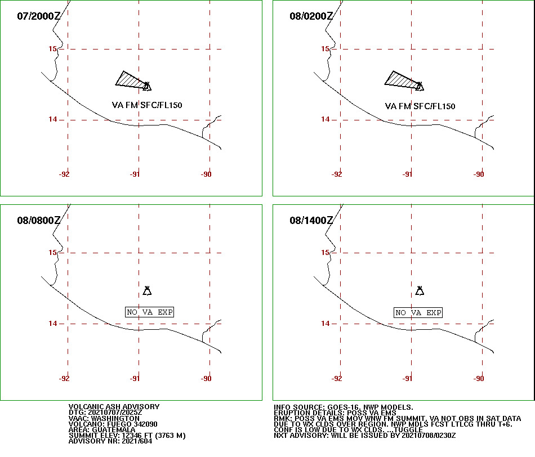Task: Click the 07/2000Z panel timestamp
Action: pyautogui.click(x=38, y=16)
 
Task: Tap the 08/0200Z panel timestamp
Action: pyautogui.click(x=311, y=16)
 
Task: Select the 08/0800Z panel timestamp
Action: pyautogui.click(x=38, y=220)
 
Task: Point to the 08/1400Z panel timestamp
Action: pyautogui.click(x=311, y=220)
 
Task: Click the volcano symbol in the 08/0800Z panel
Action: pyautogui.click(x=147, y=291)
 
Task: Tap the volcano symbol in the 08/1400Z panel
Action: pyautogui.click(x=420, y=291)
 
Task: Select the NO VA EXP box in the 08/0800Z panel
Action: pyautogui.click(x=149, y=312)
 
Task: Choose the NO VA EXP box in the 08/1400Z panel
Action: pyautogui.click(x=418, y=313)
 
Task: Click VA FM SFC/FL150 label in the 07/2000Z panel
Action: pyautogui.click(x=147, y=105)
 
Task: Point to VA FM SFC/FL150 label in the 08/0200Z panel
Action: pyautogui.click(x=420, y=106)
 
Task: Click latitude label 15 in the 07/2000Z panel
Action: pyautogui.click(x=52, y=49)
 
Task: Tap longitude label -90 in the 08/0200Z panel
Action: pyautogui.click(x=479, y=174)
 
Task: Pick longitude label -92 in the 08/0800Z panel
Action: pyautogui.click(x=64, y=379)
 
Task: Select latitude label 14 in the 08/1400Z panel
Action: pyautogui.click(x=325, y=323)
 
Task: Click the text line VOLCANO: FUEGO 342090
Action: pyautogui.click(x=113, y=424)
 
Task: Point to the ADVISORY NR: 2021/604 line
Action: pyautogui.click(x=110, y=441)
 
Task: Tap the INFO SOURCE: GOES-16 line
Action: pyautogui.click(x=344, y=407)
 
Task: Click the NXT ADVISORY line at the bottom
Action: pyautogui.click(x=365, y=436)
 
